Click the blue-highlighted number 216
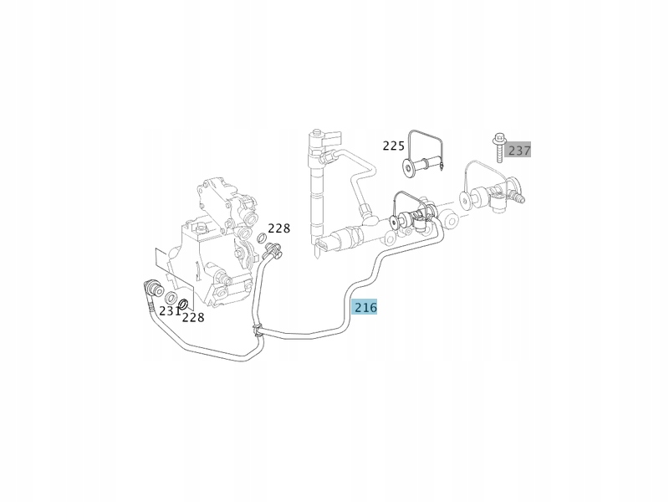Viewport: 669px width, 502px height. click(365, 307)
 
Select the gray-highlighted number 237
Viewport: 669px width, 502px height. click(519, 151)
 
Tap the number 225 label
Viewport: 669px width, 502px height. click(394, 146)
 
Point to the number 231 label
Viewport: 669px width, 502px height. click(170, 311)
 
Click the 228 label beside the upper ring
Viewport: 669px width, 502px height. click(278, 228)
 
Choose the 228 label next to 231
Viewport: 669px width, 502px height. click(193, 317)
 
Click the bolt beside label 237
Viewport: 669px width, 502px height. click(498, 147)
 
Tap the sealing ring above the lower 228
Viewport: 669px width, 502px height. click(184, 300)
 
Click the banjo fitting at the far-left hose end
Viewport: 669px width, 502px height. click(152, 287)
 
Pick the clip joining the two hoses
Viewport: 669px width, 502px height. click(259, 329)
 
